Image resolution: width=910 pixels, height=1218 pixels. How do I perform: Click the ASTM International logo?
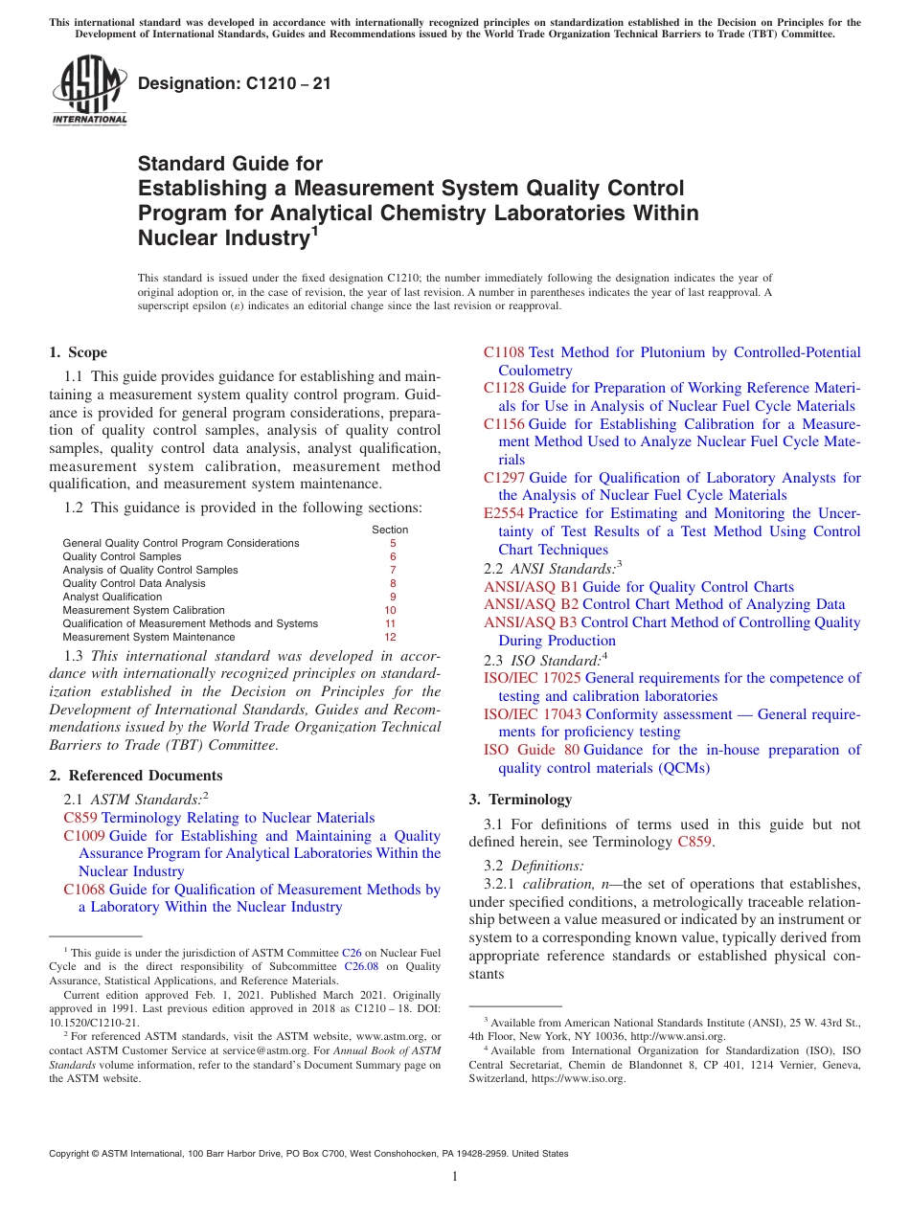coord(89,90)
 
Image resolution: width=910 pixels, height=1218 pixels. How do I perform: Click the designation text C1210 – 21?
coord(235,83)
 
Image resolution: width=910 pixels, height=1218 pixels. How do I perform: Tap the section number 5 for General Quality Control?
coord(392,543)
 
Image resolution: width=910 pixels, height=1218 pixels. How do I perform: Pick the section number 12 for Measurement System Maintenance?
coord(390,637)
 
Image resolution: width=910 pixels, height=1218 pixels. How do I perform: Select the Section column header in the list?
coord(390,530)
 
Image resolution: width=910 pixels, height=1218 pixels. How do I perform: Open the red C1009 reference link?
coord(83,836)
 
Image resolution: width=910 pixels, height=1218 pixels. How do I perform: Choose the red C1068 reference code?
coord(83,890)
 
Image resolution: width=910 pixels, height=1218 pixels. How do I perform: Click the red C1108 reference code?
coord(504,352)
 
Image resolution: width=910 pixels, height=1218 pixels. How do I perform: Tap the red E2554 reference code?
coord(504,513)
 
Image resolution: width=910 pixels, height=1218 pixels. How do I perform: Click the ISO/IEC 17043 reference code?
coord(533,714)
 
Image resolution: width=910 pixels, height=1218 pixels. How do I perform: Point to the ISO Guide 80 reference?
coord(531,750)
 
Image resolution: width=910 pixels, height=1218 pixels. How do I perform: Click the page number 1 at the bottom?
coord(455,1177)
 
